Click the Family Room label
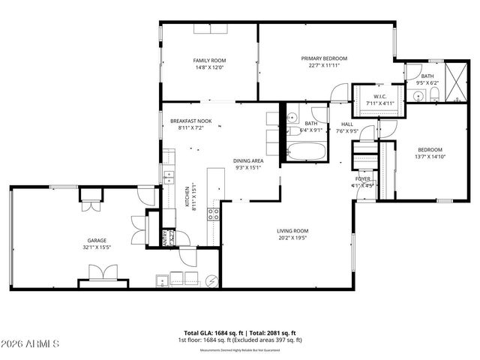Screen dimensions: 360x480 pyautogui.click(x=209, y=61)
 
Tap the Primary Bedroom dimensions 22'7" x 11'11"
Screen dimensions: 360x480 pyautogui.click(x=324, y=66)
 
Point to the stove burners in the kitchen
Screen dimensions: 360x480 pyautogui.click(x=213, y=212)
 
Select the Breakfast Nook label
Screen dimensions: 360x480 pyautogui.click(x=187, y=121)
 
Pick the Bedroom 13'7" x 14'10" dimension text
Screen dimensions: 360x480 pyautogui.click(x=430, y=157)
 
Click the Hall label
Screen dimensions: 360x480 pyautogui.click(x=346, y=124)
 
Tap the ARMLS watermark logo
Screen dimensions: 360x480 pyautogui.click(x=31, y=343)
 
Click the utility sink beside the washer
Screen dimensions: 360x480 pyautogui.click(x=162, y=280)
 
